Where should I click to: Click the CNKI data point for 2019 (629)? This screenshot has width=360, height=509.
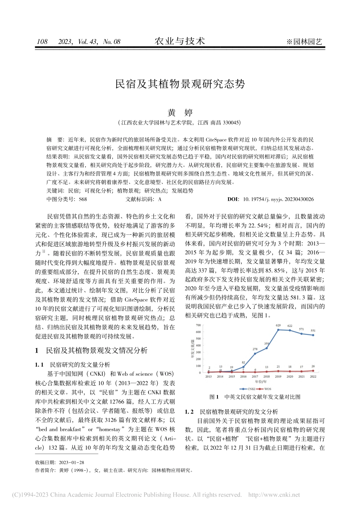(279, 330)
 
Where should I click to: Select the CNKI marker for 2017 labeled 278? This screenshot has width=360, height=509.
(255, 354)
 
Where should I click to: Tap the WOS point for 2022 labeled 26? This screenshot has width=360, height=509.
(313, 371)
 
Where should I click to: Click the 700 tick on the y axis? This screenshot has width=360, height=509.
(198, 325)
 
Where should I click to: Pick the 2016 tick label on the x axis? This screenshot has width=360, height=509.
(243, 376)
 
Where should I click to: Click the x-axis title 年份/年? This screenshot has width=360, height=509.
(261, 382)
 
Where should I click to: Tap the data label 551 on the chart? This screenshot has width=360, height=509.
(313, 331)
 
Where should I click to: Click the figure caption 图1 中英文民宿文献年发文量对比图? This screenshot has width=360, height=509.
(255, 397)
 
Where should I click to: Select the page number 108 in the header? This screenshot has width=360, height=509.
(42, 42)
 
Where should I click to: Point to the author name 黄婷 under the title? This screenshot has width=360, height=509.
(180, 112)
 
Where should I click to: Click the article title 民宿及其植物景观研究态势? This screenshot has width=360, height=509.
(180, 84)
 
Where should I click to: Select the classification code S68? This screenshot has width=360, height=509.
(83, 199)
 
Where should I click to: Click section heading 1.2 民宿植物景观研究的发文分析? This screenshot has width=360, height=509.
(231, 412)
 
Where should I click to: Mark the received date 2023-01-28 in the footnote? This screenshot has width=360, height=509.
(72, 462)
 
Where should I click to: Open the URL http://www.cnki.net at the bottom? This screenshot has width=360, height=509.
(274, 495)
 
